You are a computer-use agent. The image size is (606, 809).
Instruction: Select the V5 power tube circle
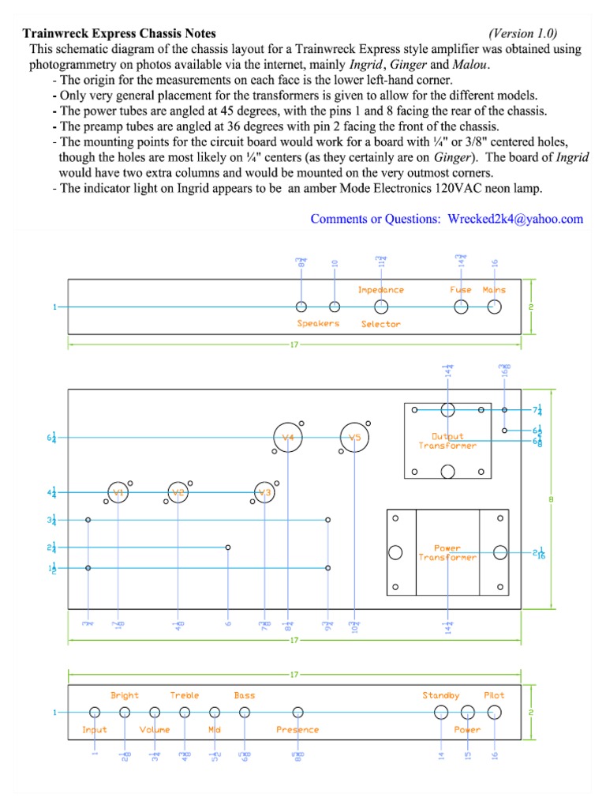(355, 437)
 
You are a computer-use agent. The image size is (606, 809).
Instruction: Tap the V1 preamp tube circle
(118, 493)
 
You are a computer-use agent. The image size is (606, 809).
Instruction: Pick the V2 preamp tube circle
(178, 493)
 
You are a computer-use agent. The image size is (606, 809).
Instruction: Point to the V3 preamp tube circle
(264, 493)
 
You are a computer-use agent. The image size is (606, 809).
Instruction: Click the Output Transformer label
(447, 441)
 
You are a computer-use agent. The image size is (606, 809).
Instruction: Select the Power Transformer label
(447, 552)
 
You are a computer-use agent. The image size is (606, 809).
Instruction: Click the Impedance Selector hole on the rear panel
(381, 307)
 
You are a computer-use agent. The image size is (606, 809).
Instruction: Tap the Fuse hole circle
(461, 307)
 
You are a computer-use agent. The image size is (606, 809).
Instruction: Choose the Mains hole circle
(495, 307)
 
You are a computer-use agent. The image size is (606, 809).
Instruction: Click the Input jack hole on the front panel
(95, 712)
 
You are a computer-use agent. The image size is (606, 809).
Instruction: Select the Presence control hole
(297, 712)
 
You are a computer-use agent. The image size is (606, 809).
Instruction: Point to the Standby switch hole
(441, 712)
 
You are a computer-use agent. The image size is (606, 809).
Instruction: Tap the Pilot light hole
(495, 712)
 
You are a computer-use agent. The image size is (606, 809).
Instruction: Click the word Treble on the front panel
(185, 695)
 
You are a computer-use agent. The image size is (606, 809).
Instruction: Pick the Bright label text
(125, 695)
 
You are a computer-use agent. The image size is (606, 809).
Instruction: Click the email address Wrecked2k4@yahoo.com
(515, 219)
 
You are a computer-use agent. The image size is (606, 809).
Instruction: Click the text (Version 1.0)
(522, 33)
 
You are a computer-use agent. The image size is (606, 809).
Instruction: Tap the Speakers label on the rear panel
(318, 324)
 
